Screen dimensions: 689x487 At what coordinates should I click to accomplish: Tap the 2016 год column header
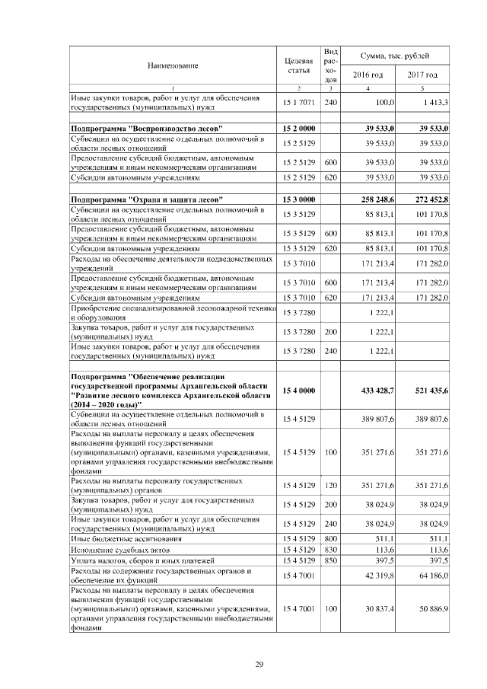(x=368, y=75)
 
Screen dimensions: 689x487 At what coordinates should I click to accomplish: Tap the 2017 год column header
(x=422, y=75)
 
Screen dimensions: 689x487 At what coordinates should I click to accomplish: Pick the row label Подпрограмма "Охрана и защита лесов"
(x=143, y=199)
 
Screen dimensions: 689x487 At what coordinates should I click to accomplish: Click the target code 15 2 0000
(x=298, y=129)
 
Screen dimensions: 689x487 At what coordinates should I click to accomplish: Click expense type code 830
(x=330, y=549)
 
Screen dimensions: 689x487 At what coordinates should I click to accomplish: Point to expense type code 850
(x=330, y=560)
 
